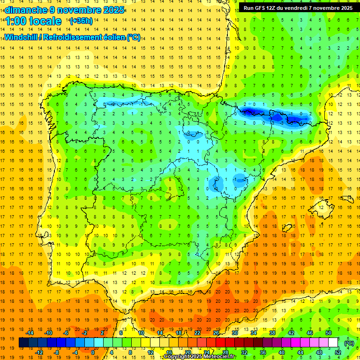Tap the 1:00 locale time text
point(33,21)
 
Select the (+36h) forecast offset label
point(81,21)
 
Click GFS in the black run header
point(264,8)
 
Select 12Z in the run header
point(277,8)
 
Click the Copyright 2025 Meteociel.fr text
point(200,357)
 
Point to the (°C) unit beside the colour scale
point(349,343)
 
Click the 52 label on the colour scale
point(338,352)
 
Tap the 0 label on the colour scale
point(93,352)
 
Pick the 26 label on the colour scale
point(216,333)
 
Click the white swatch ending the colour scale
point(333,343)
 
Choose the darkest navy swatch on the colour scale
point(23,343)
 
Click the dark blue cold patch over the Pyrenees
point(251,111)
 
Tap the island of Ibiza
point(285,229)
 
